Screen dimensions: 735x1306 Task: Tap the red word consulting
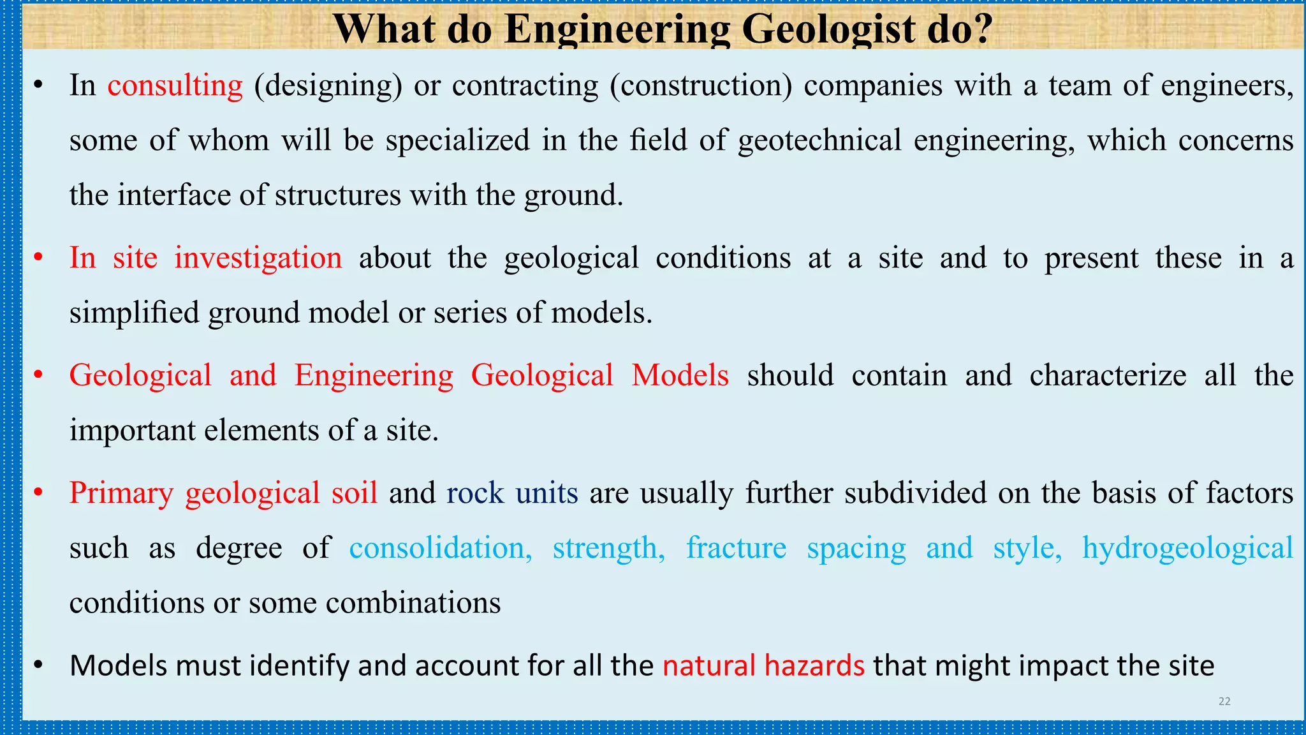coord(175,85)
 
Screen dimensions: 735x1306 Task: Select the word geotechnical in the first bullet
coord(819,140)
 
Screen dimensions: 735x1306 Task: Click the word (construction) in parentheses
coord(701,85)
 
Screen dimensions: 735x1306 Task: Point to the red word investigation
coord(258,258)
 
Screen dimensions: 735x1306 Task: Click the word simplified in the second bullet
coord(134,313)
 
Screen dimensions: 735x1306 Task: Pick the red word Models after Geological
coord(680,375)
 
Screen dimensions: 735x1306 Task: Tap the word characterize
coord(1108,375)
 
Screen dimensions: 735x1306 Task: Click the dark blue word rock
coord(475,493)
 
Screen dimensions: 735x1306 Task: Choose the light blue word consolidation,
coord(441,548)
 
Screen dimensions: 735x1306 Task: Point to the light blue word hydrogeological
coord(1187,548)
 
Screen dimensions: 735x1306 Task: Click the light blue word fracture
coord(736,548)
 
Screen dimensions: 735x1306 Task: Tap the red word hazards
coord(814,665)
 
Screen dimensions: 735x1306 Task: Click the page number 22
coord(1224,701)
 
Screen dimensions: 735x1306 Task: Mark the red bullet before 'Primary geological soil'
coord(38,493)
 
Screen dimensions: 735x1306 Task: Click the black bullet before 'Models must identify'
coord(38,665)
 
